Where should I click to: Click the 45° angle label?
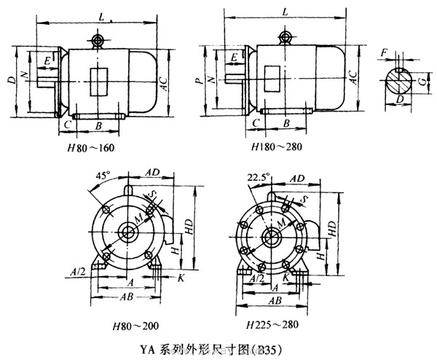click(103, 176)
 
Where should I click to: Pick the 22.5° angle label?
click(259, 176)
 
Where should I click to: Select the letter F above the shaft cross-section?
click(384, 52)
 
